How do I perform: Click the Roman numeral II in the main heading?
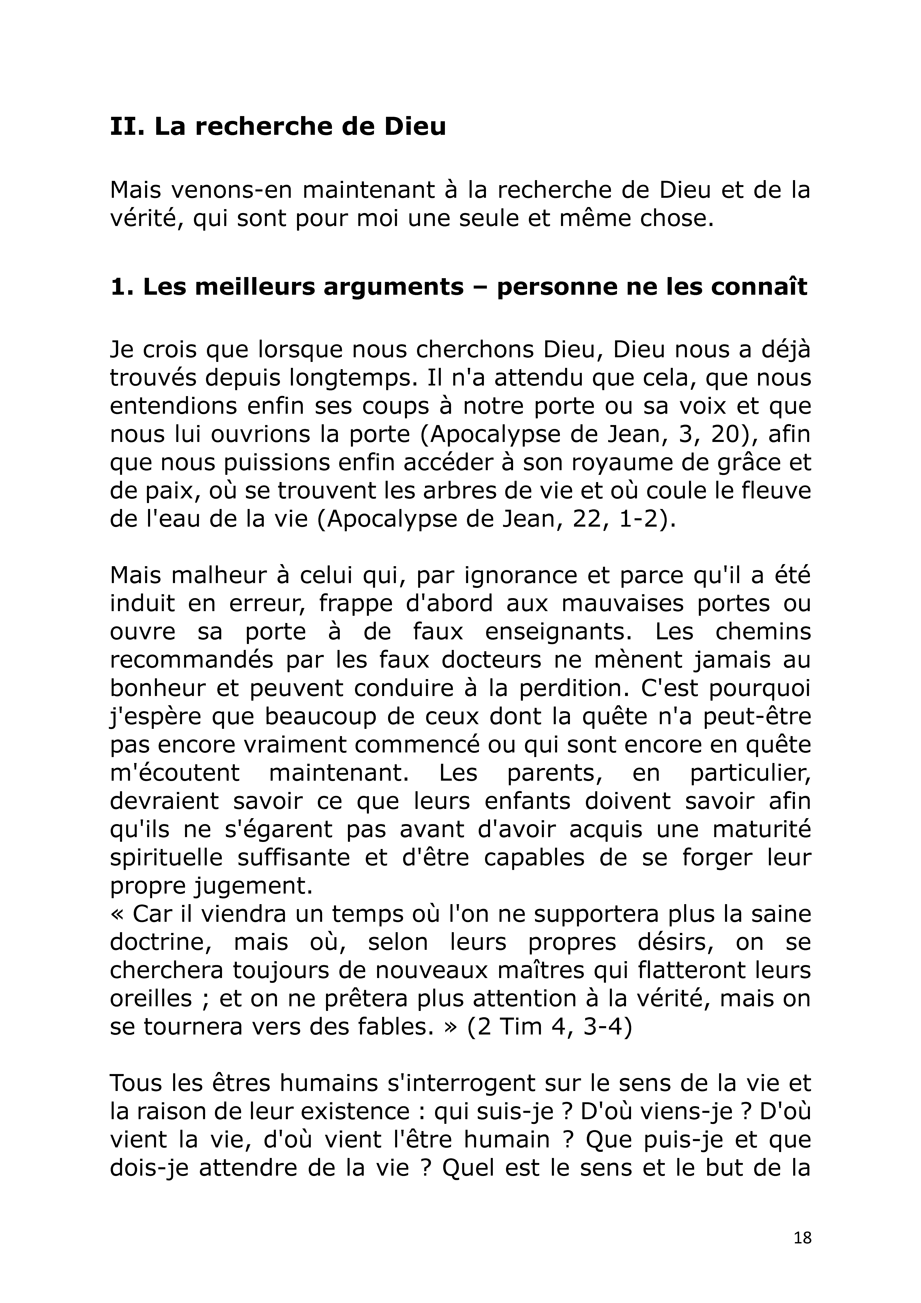tap(124, 126)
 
